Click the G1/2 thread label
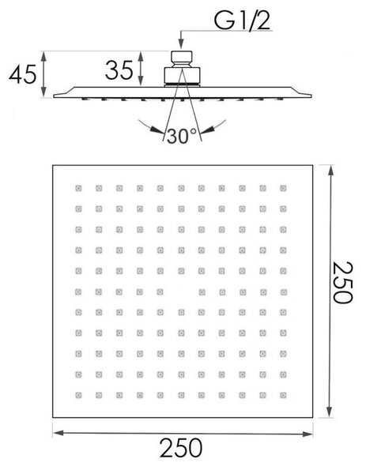pyautogui.click(x=242, y=21)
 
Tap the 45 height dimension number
pyautogui.click(x=23, y=74)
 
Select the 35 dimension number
pyautogui.click(x=119, y=70)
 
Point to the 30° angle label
pyautogui.click(x=182, y=136)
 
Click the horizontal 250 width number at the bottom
pyautogui.click(x=181, y=448)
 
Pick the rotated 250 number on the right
pyautogui.click(x=343, y=282)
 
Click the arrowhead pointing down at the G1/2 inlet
pyautogui.click(x=181, y=44)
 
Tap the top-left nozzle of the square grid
pyautogui.click(x=78, y=188)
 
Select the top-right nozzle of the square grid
pyautogui.click(x=283, y=188)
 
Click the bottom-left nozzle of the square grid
pyautogui.click(x=78, y=395)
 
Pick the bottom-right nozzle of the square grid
pyautogui.click(x=283, y=395)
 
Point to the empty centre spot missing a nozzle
pyautogui.click(x=181, y=292)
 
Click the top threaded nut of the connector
pyautogui.click(x=182, y=56)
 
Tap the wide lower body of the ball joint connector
pyautogui.click(x=182, y=75)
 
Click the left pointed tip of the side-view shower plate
pyautogui.click(x=54, y=96)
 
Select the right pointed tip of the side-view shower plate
pyautogui.click(x=311, y=96)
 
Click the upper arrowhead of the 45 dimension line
pyautogui.click(x=43, y=57)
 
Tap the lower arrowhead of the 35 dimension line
pyautogui.click(x=141, y=81)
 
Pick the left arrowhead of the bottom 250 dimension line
pyautogui.click(x=58, y=433)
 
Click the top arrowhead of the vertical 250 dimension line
pyautogui.click(x=331, y=171)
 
